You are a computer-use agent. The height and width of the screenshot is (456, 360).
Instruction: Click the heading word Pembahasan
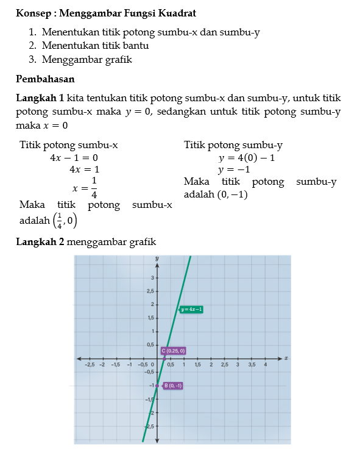(45, 79)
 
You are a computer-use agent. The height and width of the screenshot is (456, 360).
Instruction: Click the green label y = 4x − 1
(191, 310)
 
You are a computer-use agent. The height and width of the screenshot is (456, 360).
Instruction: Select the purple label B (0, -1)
(172, 385)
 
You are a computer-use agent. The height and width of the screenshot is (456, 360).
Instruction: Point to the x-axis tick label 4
(266, 365)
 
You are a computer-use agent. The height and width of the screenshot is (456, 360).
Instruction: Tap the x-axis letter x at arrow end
(286, 357)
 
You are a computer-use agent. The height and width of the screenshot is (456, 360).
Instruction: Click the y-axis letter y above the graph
(157, 258)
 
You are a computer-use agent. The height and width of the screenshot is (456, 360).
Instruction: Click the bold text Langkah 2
(40, 241)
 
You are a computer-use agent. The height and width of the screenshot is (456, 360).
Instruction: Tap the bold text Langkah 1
(40, 98)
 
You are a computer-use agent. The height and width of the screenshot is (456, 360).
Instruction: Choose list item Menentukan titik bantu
(96, 46)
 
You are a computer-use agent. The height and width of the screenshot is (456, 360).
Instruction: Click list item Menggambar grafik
(87, 59)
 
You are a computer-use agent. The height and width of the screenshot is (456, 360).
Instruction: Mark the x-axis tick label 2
(211, 365)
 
